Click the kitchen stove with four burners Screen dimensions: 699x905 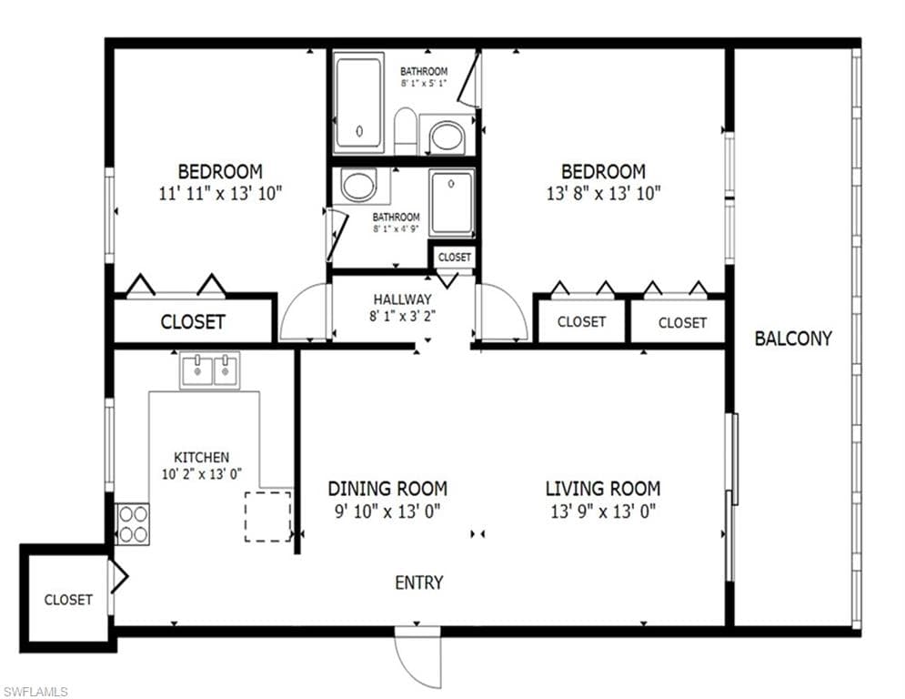pyautogui.click(x=133, y=523)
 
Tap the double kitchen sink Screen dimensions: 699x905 pyautogui.click(x=209, y=370)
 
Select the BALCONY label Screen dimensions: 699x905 pyautogui.click(x=793, y=339)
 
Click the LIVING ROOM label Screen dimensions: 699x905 pyautogui.click(x=602, y=489)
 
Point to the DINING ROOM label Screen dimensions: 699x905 pyautogui.click(x=387, y=489)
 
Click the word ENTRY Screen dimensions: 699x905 pyautogui.click(x=418, y=582)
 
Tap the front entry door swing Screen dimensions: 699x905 pyautogui.click(x=417, y=658)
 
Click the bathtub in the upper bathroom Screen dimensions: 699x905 pyautogui.click(x=358, y=103)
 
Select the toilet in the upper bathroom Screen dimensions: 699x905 pyautogui.click(x=406, y=130)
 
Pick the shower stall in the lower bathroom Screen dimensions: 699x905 pyautogui.click(x=452, y=202)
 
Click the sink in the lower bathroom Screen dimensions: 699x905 pyautogui.click(x=357, y=186)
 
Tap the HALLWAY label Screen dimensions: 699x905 pyautogui.click(x=402, y=299)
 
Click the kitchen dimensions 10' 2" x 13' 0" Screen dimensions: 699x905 pyautogui.click(x=201, y=473)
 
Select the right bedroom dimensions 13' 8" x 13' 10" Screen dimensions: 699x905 pyautogui.click(x=602, y=193)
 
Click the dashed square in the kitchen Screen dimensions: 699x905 pyautogui.click(x=267, y=516)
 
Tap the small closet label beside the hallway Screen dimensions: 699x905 pyautogui.click(x=454, y=258)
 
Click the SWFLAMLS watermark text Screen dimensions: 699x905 pyautogui.click(x=36, y=692)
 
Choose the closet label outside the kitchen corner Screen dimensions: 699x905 pyautogui.click(x=68, y=600)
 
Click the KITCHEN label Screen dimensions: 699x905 pyautogui.click(x=201, y=457)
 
